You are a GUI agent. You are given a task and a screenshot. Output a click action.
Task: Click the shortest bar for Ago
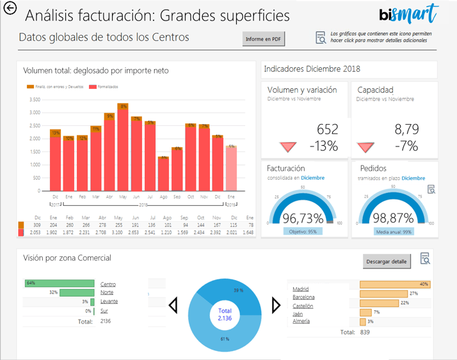coord(164,173)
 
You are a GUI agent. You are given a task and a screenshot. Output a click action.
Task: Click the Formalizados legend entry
coord(106,86)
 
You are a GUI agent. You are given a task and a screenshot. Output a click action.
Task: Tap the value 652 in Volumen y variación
coord(327,130)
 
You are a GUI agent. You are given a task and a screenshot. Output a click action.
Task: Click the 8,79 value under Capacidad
coord(406,130)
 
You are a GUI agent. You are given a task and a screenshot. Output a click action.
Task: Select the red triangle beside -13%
coord(288,147)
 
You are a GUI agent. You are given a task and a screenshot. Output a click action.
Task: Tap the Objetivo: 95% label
coord(303,231)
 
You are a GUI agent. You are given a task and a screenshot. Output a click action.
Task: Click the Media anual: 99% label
coord(393,231)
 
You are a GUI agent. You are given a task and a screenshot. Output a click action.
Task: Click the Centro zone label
coord(108,284)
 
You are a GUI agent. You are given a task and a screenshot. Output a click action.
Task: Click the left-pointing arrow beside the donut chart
coord(173,306)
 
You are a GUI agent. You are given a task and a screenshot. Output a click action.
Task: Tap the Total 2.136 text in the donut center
coord(225,315)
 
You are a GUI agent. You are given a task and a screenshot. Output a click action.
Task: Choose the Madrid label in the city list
coord(301,289)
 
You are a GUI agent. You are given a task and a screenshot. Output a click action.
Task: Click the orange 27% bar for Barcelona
coord(383,293)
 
